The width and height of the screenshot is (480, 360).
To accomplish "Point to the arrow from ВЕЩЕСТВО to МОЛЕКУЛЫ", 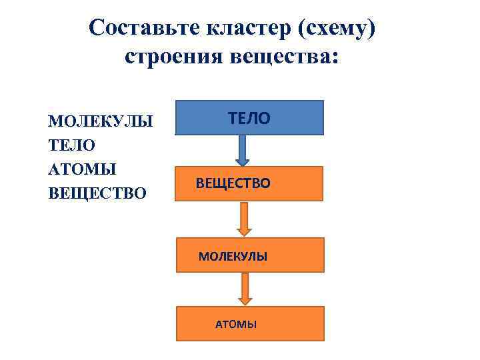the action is [x=245, y=219].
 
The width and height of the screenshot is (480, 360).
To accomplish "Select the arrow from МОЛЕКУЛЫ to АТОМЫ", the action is [x=245, y=289].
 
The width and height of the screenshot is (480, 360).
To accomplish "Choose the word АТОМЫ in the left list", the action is [x=82, y=169].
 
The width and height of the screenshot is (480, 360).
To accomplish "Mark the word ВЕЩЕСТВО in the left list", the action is [x=97, y=193].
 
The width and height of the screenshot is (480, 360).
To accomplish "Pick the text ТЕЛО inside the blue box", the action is [x=249, y=119].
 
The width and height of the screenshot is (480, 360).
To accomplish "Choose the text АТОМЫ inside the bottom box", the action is [x=235, y=325].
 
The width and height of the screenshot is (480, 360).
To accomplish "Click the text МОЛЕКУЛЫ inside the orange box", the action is [x=233, y=256].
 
